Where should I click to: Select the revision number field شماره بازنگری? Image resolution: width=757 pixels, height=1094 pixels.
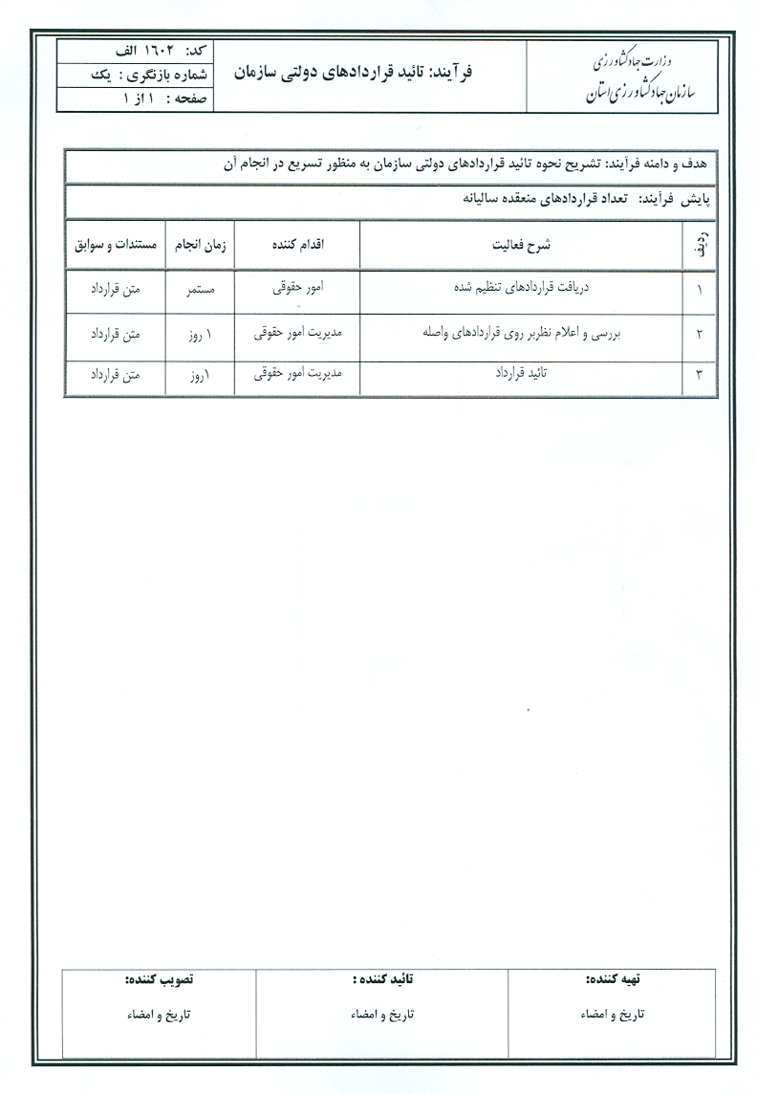coord(154,74)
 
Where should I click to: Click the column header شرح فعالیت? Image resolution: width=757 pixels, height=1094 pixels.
coord(520,245)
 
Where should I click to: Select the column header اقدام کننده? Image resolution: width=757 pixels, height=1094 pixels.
coord(297,245)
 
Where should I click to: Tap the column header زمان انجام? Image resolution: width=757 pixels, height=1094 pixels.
coord(200,245)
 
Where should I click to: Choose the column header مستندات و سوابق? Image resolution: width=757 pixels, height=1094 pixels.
coord(115,245)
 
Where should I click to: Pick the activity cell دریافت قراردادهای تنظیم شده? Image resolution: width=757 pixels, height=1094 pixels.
coord(520,287)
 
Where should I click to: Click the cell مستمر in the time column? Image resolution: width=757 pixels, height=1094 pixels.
coord(200,288)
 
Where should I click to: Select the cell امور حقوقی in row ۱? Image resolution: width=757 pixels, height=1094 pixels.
coord(297,287)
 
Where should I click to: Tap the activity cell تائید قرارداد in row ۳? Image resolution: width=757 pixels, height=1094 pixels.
coord(520,375)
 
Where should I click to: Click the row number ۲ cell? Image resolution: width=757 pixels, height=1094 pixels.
coord(699,334)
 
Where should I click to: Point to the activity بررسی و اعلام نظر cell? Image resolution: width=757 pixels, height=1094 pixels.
coord(520,333)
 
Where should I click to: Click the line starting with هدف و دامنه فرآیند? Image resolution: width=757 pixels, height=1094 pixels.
coord(468,164)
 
